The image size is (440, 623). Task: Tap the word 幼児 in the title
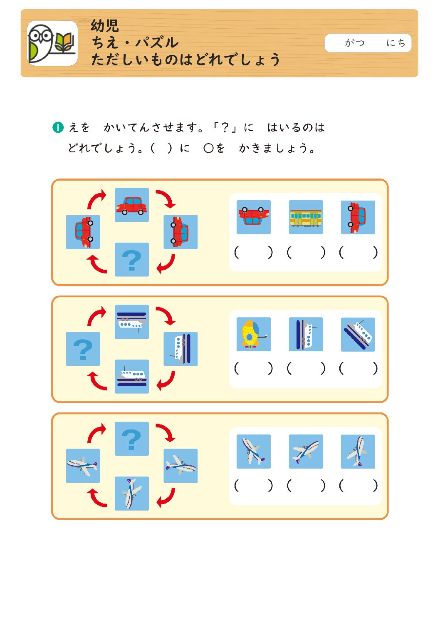[x=105, y=25]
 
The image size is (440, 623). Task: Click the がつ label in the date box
[x=355, y=42]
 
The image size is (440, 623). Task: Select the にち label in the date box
[x=396, y=42]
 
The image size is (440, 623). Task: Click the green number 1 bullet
[x=58, y=128]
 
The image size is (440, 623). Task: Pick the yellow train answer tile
[x=306, y=217]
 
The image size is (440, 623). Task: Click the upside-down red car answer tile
[x=254, y=217]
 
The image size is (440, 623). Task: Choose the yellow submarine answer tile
[x=254, y=334]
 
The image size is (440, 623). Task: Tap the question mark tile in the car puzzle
[x=132, y=260]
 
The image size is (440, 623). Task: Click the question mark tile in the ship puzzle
[x=83, y=349]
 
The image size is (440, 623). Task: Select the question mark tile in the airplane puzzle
[x=132, y=439]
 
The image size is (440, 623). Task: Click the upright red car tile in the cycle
[x=132, y=205]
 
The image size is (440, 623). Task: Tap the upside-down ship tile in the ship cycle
[x=132, y=322]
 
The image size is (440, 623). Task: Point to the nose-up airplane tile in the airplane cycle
[x=132, y=494]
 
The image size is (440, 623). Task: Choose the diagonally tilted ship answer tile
[x=358, y=334]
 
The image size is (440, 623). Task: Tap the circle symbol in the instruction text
[x=208, y=148]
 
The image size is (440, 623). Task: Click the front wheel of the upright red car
[x=125, y=213]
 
